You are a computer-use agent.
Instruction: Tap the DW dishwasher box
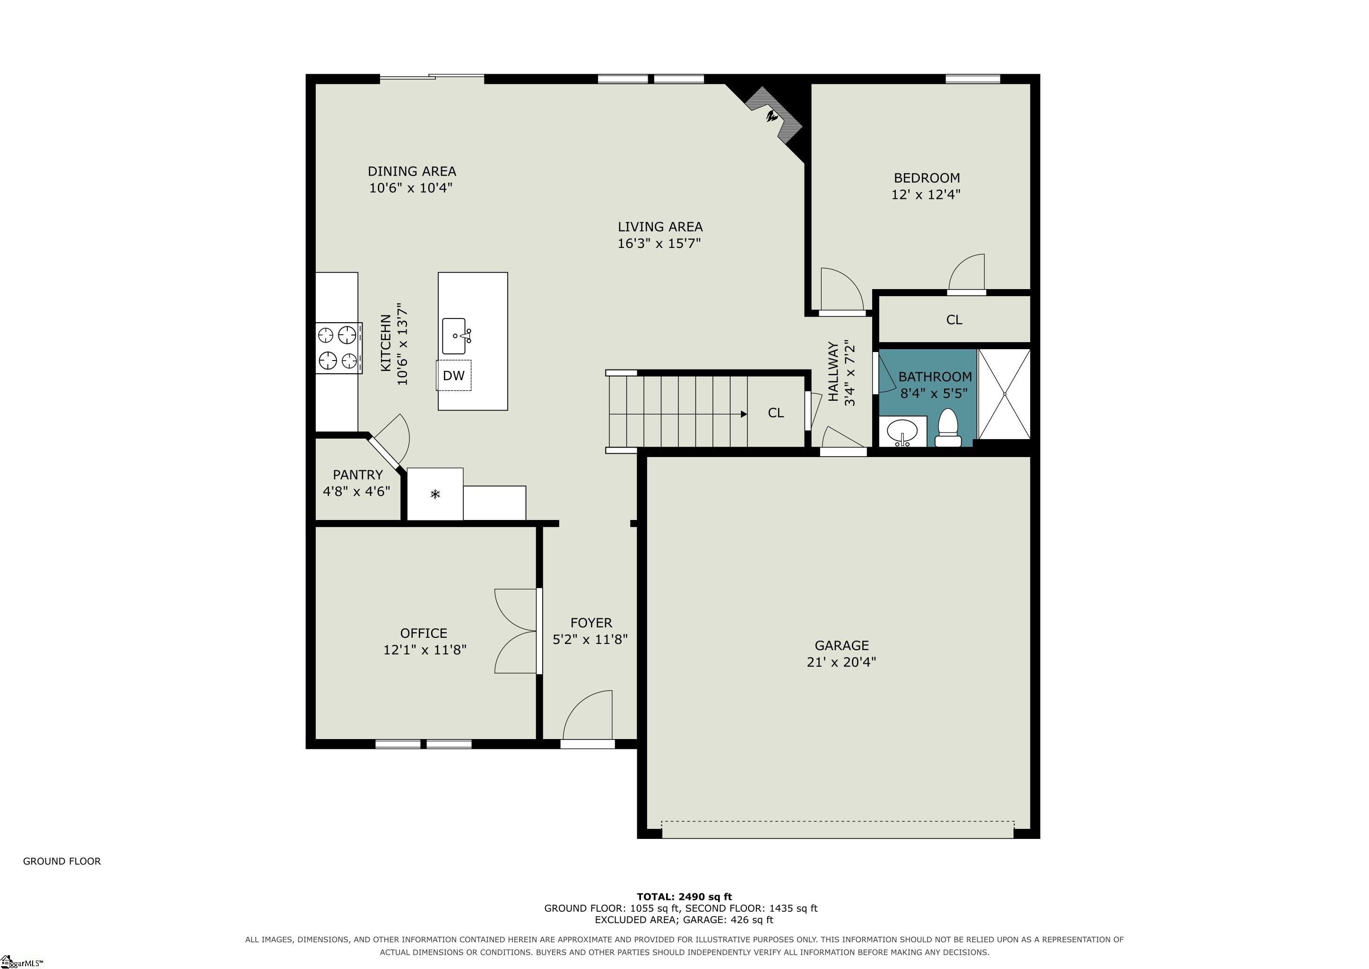click(x=454, y=375)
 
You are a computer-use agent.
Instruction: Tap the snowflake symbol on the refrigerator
click(x=435, y=494)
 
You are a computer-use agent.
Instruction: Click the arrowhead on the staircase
click(x=744, y=414)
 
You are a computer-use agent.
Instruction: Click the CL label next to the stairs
click(x=776, y=413)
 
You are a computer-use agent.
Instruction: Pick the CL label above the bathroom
click(x=954, y=320)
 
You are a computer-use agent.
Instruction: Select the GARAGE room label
click(x=841, y=645)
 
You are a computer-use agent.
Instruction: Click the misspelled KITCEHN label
click(x=386, y=343)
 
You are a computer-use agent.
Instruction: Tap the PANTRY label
click(x=358, y=475)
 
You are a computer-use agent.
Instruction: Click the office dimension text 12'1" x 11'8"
click(x=425, y=650)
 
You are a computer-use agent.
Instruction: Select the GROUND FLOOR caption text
click(x=62, y=861)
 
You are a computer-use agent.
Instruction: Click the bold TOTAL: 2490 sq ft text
click(x=684, y=896)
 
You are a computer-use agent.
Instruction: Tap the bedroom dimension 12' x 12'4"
click(x=926, y=194)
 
